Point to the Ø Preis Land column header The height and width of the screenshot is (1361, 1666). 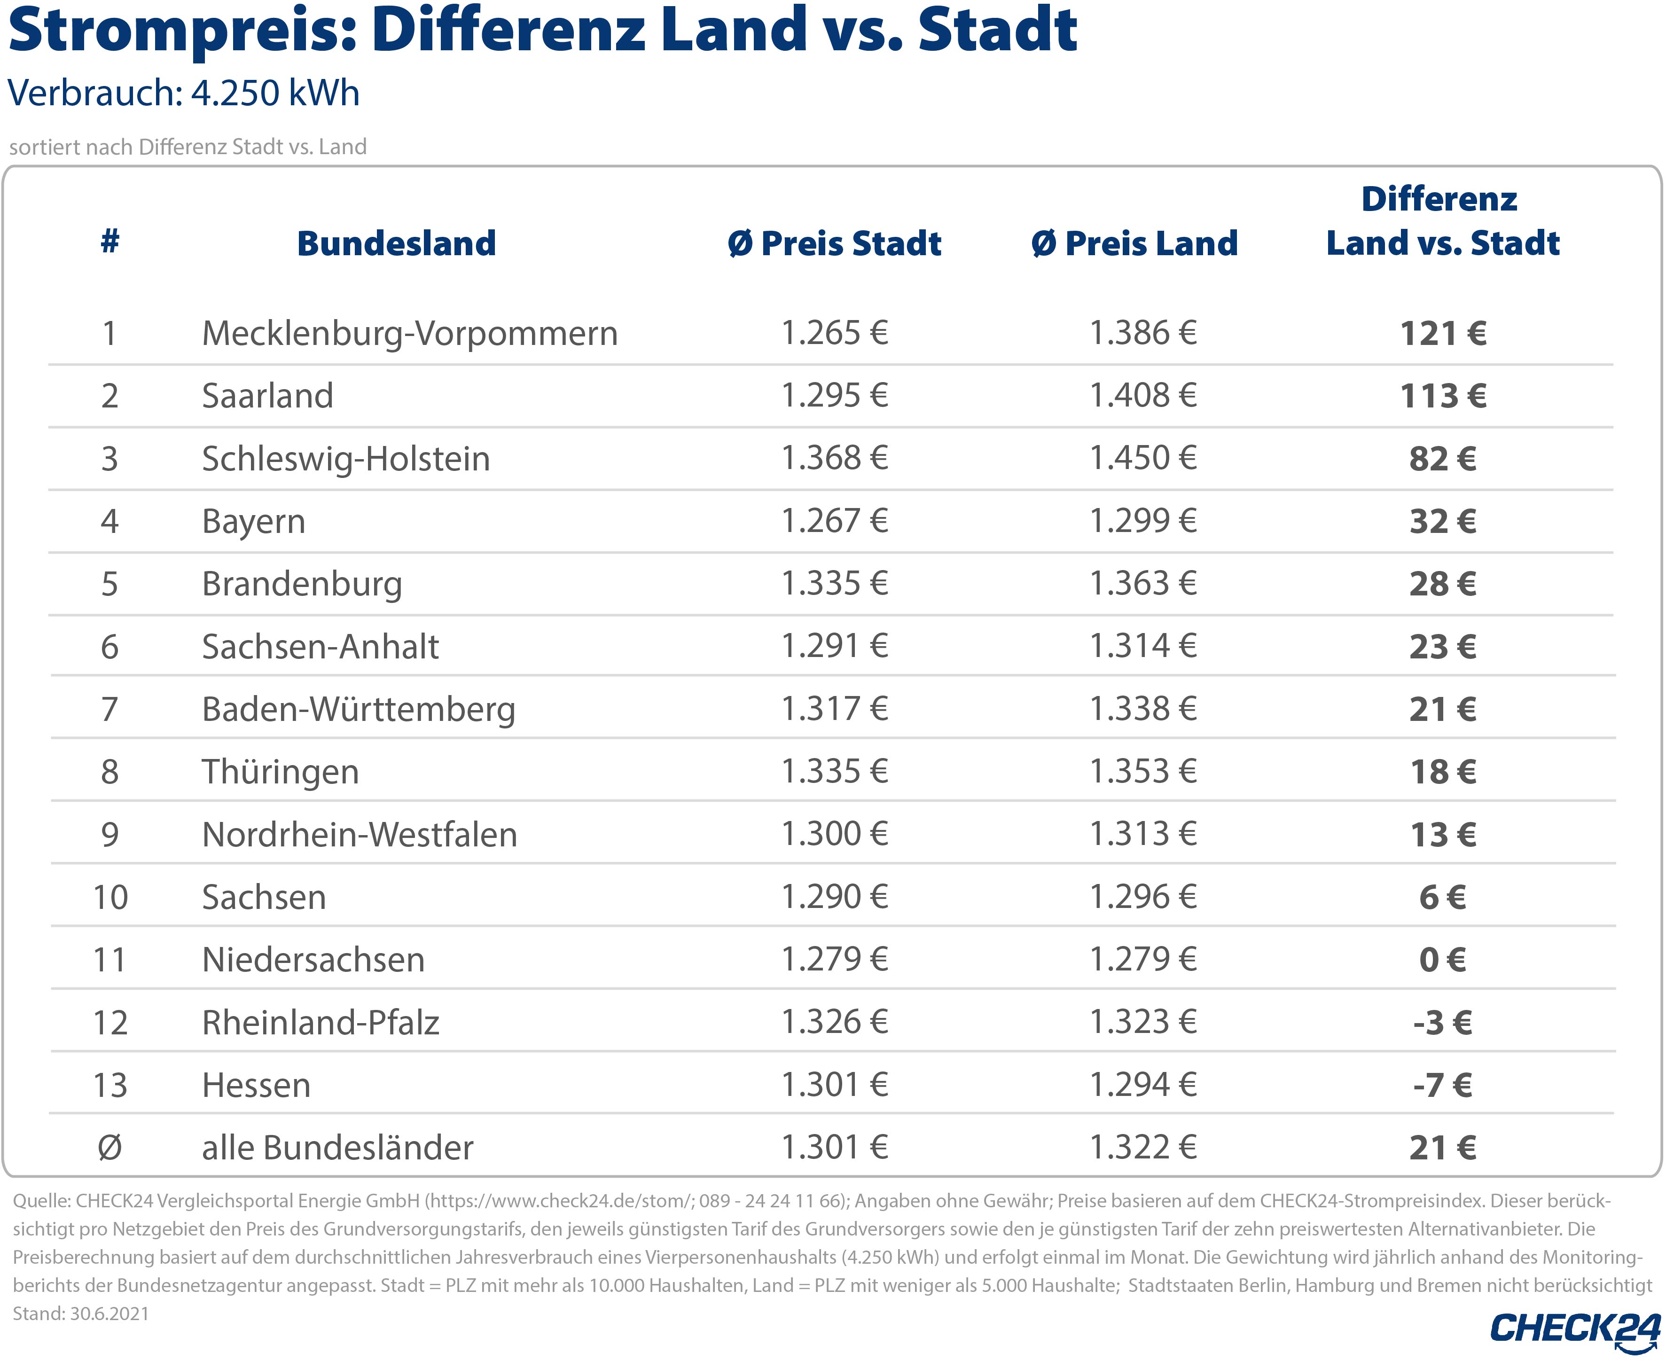coord(1134,243)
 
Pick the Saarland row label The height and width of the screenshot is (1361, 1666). coord(267,396)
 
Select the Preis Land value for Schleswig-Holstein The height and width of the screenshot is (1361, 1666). coord(1143,458)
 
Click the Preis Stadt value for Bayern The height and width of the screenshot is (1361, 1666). coord(834,521)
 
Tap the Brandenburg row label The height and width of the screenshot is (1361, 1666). coord(302,584)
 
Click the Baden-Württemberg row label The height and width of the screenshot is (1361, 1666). coord(358,710)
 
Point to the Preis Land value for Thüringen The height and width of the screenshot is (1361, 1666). coord(1143,772)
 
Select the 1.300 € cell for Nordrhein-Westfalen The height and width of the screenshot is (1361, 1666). coord(834,834)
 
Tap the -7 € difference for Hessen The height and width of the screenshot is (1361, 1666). coord(1443,1086)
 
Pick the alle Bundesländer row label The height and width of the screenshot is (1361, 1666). coord(337,1148)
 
